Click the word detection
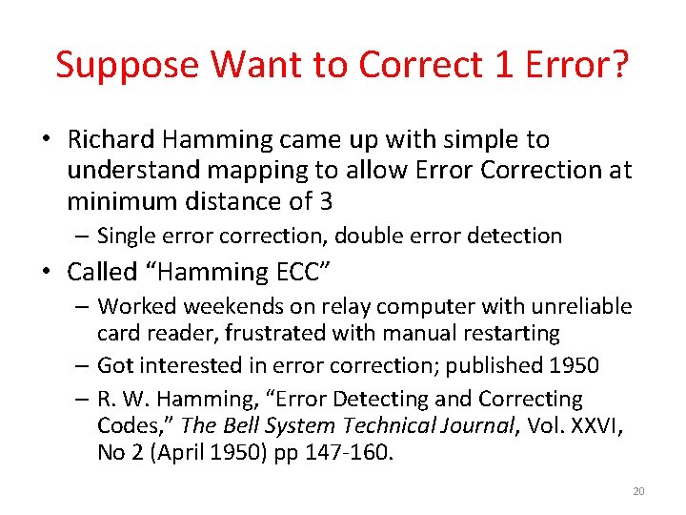(x=515, y=236)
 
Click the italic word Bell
(x=242, y=425)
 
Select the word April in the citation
(x=180, y=452)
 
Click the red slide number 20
(x=638, y=491)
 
